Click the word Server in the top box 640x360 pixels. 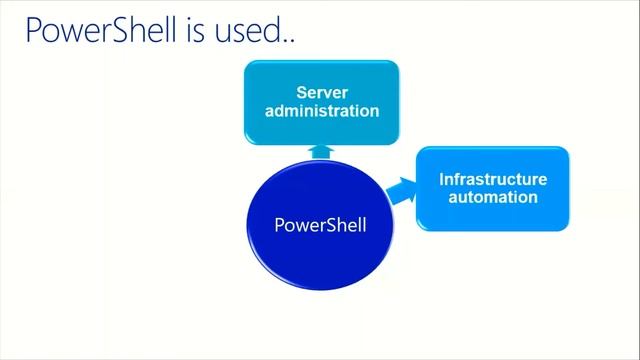pos(321,92)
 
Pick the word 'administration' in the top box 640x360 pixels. pos(321,110)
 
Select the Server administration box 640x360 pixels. pos(321,101)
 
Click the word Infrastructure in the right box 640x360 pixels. pos(493,180)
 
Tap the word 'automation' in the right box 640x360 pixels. pos(493,197)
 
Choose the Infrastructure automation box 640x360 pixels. pos(493,189)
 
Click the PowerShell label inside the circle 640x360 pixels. pos(320,225)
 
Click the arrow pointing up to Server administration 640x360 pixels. pos(321,151)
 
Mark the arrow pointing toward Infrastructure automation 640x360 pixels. pos(400,190)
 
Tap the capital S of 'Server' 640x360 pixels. pos(301,92)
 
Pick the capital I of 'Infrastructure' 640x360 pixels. pos(442,180)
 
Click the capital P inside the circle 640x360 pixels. pos(279,225)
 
